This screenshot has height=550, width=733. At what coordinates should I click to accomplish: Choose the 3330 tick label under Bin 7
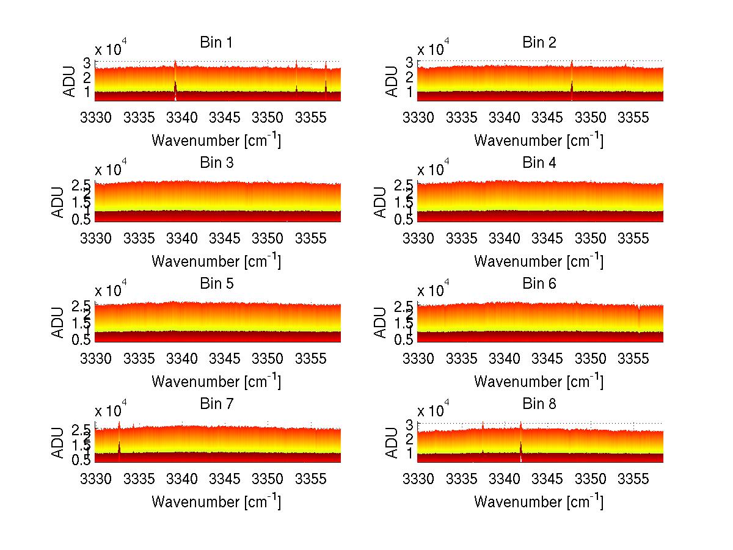coord(96,479)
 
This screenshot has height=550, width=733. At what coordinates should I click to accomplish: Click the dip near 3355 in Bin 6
coord(638,317)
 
